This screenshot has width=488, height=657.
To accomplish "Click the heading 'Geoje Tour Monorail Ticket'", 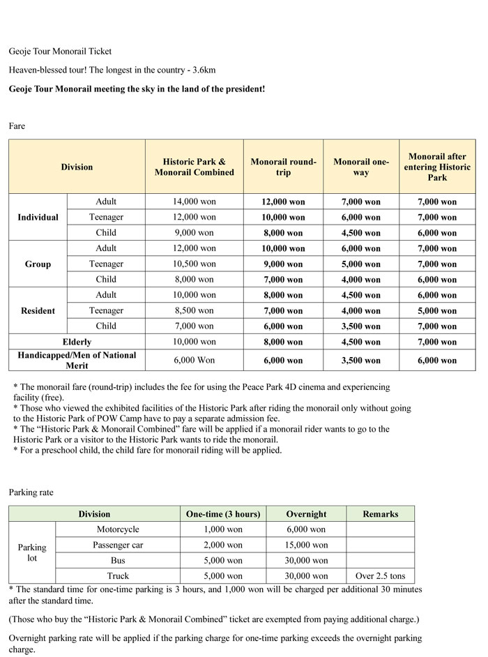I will click(x=60, y=52).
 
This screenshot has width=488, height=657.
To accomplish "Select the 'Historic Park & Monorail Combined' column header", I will click(x=194, y=167).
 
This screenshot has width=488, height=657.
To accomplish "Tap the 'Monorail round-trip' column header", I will click(x=283, y=167).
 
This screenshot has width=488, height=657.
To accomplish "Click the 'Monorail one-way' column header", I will click(x=361, y=167).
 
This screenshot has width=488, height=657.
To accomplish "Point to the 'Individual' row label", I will click(x=38, y=217).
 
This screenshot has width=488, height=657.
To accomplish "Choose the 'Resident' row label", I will click(x=38, y=310).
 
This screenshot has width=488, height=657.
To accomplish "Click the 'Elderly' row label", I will click(x=77, y=342).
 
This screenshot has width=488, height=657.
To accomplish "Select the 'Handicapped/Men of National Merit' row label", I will click(x=77, y=360).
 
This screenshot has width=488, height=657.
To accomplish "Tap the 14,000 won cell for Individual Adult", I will click(x=194, y=202).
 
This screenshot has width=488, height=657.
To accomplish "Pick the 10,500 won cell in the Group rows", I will click(x=194, y=264).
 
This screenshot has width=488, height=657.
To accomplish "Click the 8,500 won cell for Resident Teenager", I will click(x=194, y=310).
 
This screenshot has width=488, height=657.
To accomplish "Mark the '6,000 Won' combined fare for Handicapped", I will click(x=194, y=360).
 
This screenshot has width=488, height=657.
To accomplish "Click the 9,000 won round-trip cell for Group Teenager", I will click(x=283, y=264).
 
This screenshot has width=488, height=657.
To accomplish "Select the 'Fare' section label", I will click(x=17, y=126).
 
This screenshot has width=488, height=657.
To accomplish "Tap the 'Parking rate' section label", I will click(x=31, y=492).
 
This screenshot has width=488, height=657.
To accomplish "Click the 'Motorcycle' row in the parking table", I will click(x=117, y=529).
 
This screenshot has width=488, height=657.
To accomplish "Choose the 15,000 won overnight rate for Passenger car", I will click(x=306, y=545).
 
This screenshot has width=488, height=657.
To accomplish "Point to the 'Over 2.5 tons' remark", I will click(x=380, y=576).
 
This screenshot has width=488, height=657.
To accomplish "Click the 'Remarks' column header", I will click(x=380, y=514).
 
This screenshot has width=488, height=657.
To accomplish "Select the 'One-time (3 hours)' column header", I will click(x=222, y=514).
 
